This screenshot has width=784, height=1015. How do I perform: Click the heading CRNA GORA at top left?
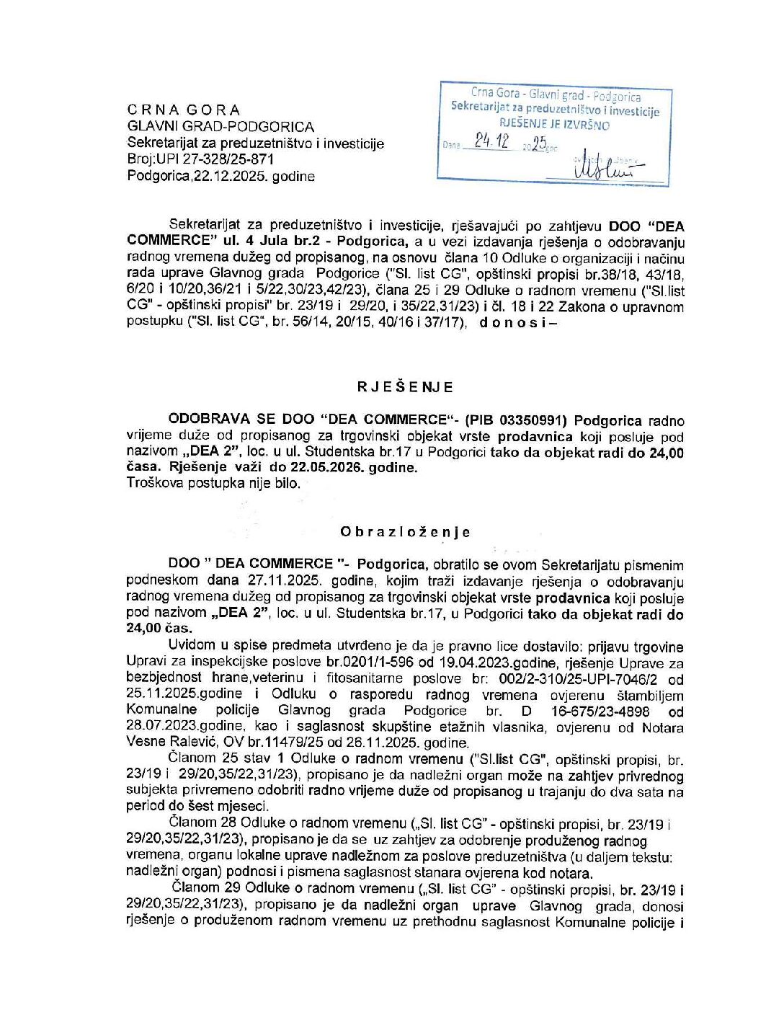tap(184, 110)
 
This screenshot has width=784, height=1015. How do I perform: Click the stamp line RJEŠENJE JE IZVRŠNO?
tap(555, 125)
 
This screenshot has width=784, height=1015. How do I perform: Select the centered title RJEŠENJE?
tap(405, 387)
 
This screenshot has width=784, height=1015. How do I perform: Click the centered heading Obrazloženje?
tap(405, 532)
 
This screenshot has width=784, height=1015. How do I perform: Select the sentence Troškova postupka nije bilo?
tap(214, 483)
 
